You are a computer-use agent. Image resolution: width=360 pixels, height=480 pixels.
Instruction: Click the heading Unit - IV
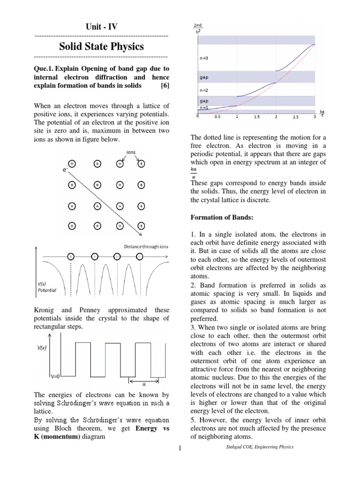click(102, 27)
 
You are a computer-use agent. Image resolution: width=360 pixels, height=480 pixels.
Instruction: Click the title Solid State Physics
click(101, 46)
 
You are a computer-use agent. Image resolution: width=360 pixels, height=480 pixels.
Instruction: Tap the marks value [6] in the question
click(164, 86)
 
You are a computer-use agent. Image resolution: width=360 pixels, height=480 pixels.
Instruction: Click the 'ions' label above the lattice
click(131, 152)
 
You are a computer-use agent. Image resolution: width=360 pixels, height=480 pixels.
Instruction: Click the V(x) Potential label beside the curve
click(47, 287)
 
